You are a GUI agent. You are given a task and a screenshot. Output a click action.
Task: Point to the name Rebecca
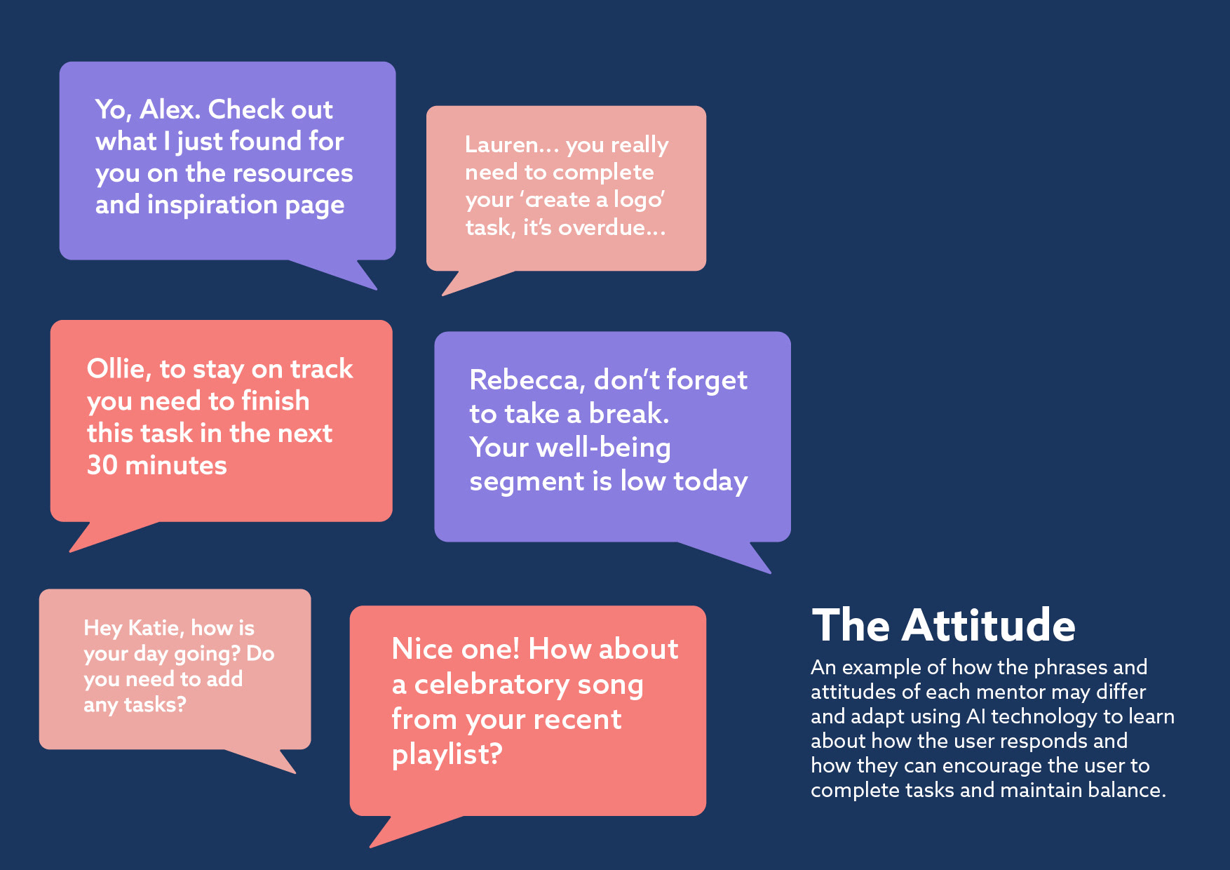[527, 380]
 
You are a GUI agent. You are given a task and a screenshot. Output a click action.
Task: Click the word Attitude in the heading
[989, 625]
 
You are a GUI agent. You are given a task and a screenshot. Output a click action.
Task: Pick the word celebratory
[492, 684]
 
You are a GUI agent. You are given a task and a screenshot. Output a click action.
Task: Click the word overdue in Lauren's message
[601, 227]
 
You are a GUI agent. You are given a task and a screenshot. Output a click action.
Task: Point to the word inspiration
[212, 206]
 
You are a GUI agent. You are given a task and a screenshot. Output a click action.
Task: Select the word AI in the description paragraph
[976, 716]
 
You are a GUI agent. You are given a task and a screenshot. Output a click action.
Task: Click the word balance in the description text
[1127, 790]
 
